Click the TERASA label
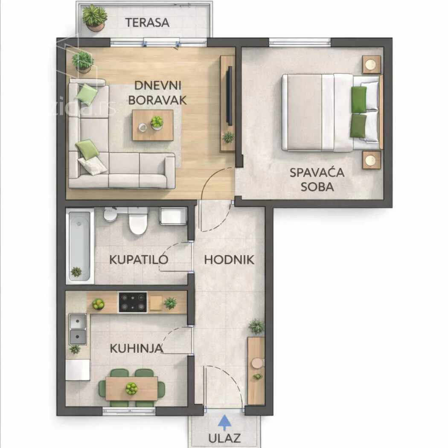coord(147,23)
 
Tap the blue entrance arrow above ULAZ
coord(224,423)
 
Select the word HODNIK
coord(229,260)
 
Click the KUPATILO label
coord(139,259)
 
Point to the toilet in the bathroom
coord(138,221)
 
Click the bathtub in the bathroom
coord(80,246)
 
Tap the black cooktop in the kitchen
coord(133,302)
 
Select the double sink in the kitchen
coord(78,329)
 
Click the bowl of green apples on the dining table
coord(132,389)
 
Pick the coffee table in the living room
coord(153,125)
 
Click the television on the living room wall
coord(230,96)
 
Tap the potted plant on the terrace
coord(94,18)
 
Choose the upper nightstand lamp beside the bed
coord(371,64)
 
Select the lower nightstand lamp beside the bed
coord(371,160)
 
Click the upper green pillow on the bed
coord(359,99)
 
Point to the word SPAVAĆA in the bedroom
coord(317,172)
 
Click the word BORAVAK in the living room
coord(157,100)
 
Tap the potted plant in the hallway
coord(256,326)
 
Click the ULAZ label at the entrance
coord(224,438)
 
